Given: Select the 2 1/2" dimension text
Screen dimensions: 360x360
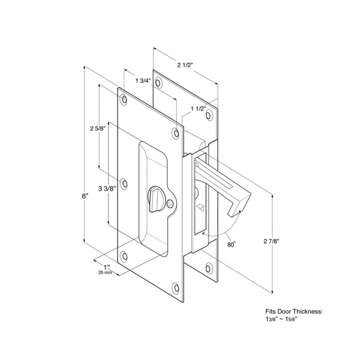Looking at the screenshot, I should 184,65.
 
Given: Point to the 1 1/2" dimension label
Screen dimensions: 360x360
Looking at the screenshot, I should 198,108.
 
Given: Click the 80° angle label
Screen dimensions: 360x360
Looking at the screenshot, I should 231,244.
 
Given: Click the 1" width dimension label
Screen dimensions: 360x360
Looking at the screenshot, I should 107,266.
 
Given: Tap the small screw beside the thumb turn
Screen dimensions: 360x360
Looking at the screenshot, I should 169,204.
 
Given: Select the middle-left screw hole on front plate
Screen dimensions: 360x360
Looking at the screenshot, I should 125,184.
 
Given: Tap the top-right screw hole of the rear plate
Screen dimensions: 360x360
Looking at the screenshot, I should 209,115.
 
